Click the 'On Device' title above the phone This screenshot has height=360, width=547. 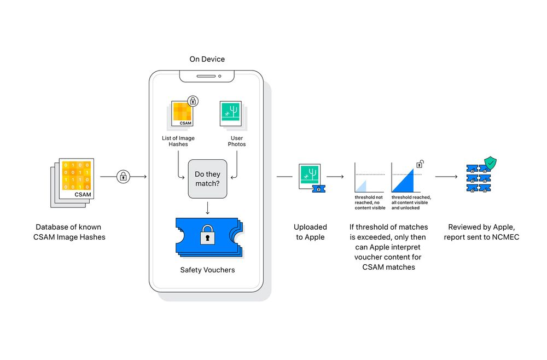click(x=207, y=59)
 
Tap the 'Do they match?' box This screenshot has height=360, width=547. click(x=207, y=179)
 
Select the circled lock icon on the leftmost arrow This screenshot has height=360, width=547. click(x=123, y=177)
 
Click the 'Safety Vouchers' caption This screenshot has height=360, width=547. click(x=207, y=270)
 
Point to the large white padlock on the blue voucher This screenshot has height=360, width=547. click(x=207, y=236)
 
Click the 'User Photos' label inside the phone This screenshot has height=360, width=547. click(x=237, y=141)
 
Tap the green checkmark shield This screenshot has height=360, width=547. click(x=491, y=162)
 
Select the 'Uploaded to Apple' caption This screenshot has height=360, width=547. click(x=310, y=232)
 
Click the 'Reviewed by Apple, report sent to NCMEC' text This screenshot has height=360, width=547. click(x=481, y=232)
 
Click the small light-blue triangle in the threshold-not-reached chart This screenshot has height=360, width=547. click(x=362, y=185)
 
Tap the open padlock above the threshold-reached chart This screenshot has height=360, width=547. click(x=420, y=163)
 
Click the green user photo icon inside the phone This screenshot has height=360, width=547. click(x=230, y=114)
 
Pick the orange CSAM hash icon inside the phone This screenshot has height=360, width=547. click(x=181, y=114)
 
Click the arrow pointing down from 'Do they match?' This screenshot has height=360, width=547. click(x=207, y=208)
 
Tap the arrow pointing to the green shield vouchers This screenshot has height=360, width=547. click(x=447, y=177)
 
